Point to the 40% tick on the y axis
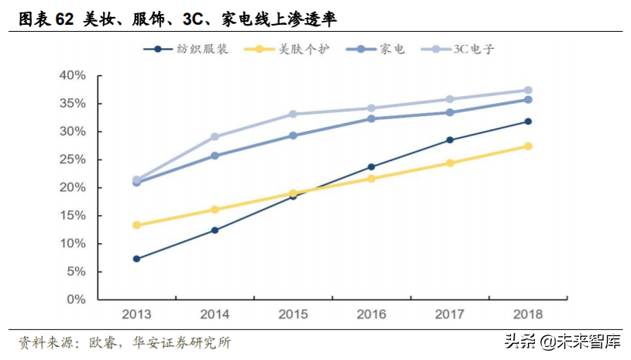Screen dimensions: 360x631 coord(71,75)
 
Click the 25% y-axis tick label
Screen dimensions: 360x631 coord(71,159)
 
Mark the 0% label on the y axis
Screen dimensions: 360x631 coord(74,300)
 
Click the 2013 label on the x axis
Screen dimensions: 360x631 coord(136,314)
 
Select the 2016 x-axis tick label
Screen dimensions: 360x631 coord(371,314)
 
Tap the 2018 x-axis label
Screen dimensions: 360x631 coord(527,314)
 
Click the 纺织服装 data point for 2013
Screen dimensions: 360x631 coord(136,259)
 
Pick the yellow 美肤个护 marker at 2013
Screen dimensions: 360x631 coord(136,225)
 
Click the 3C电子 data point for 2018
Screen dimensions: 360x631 coord(528,91)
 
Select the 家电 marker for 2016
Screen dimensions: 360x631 coord(372,118)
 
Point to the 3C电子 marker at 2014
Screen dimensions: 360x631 coord(214,137)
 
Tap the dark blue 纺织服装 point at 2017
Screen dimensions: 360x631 coord(450,140)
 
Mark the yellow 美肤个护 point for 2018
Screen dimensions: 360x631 coord(528,146)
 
